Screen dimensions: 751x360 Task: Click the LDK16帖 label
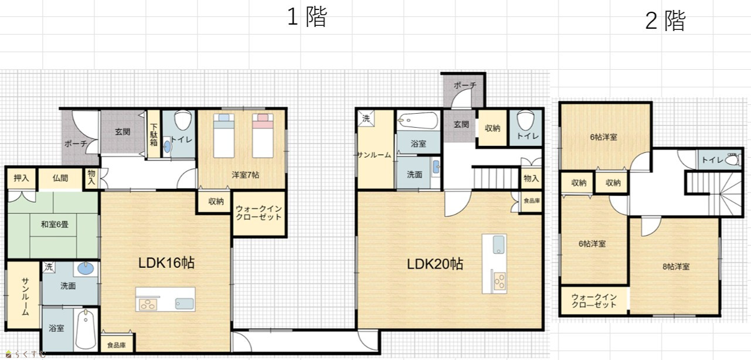tap(166, 263)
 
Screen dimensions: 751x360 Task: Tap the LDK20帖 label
tap(435, 264)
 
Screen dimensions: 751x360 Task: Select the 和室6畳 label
tap(55, 224)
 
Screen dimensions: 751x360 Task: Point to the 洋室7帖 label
tap(246, 175)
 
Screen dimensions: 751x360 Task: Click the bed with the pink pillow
tap(263, 135)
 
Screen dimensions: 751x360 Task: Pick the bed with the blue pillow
tap(224, 135)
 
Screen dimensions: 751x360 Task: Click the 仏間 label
tap(60, 178)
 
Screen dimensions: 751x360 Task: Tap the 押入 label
tap(21, 178)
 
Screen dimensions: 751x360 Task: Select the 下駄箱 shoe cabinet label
tap(154, 135)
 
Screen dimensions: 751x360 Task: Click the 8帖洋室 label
tap(676, 267)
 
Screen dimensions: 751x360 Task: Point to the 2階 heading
tap(665, 21)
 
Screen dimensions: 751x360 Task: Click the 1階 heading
tap(307, 17)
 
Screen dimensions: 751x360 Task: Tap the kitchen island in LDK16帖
tap(165, 300)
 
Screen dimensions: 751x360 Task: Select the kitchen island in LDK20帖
tap(494, 264)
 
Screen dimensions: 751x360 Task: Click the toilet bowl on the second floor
tap(733, 159)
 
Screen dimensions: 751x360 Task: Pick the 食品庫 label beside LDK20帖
tap(532, 201)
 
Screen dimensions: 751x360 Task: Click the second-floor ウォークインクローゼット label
tap(594, 301)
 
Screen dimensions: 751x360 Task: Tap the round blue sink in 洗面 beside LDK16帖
tap(86, 269)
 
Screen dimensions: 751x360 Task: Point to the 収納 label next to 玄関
tap(492, 128)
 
